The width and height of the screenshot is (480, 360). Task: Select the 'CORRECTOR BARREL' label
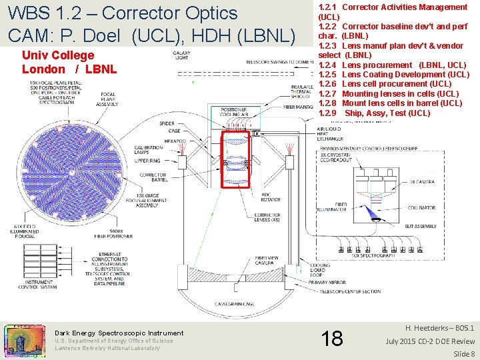point(153,178)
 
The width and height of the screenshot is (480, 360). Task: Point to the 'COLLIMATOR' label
point(421,207)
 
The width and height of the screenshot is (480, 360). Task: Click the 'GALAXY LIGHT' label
point(181,55)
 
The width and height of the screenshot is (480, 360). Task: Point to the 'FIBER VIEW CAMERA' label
point(267,260)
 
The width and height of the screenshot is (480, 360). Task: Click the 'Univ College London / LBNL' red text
point(69,62)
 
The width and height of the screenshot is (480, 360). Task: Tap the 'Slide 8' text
point(463,353)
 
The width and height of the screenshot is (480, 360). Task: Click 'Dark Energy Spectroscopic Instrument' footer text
point(119,333)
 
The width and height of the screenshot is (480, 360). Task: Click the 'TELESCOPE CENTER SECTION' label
point(350,291)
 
